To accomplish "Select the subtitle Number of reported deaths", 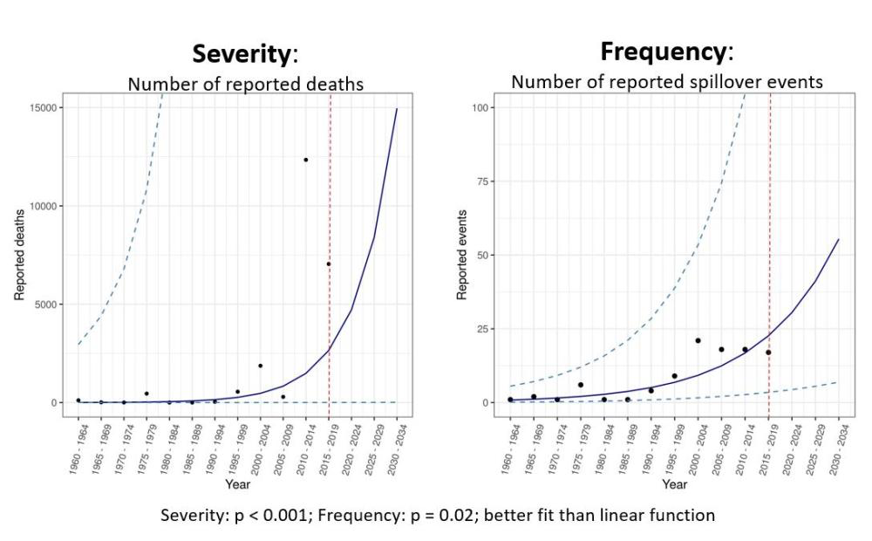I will tap(245, 85).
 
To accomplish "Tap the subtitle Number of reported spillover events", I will tap(666, 82).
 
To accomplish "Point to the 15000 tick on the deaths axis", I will tap(42, 107).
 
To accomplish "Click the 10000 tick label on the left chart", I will tap(42, 206).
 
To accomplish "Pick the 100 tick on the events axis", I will tap(480, 107).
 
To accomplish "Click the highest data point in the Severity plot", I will tap(306, 160).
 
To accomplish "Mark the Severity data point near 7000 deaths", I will tap(329, 264).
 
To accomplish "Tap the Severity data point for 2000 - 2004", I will tap(260, 366).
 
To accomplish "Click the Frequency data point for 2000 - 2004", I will tap(698, 340).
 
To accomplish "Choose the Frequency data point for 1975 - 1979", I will tap(580, 385).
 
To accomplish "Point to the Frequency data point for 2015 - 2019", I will tap(768, 353).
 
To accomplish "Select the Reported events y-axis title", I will tap(462, 255).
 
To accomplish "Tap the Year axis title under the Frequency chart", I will tap(674, 483).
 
